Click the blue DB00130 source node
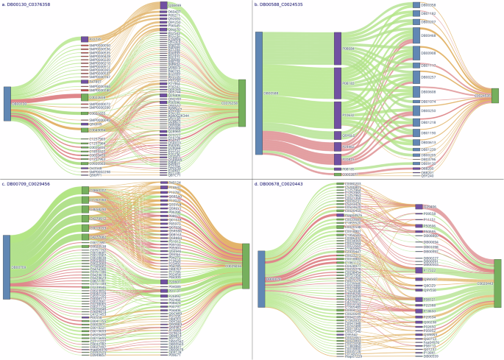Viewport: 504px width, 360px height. coord(7,104)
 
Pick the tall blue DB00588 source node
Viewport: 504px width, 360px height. coord(258,93)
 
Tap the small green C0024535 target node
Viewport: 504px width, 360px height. coord(494,96)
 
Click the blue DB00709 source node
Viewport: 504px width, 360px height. coord(7,267)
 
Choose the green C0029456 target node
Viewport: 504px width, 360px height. coord(246,266)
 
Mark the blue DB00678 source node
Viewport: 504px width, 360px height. coord(260,279)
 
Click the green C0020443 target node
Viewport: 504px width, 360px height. coord(498,283)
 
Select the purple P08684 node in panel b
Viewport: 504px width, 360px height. coord(337,49)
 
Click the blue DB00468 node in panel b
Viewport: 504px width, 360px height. coord(416,35)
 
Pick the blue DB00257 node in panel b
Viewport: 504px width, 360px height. coord(416,77)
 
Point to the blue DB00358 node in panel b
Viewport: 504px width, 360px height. coord(416,5)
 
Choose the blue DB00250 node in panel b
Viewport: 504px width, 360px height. coord(416,111)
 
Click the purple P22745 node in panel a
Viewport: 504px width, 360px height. coord(85,39)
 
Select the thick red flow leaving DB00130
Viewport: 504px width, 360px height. coord(44,97)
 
